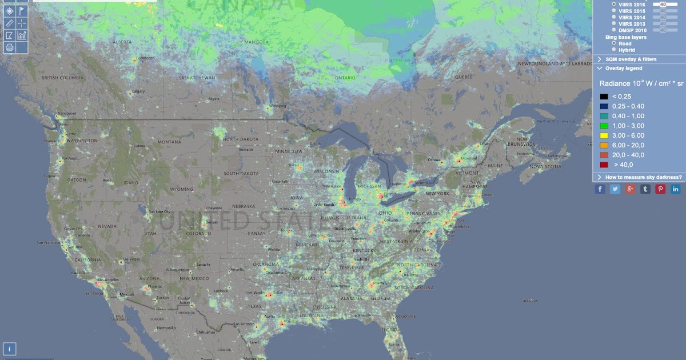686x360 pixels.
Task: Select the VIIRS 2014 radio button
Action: (x=614, y=17)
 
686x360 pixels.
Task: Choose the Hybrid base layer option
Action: (x=614, y=50)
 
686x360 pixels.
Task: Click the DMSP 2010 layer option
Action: (x=614, y=30)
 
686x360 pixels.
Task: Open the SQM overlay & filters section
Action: (x=631, y=59)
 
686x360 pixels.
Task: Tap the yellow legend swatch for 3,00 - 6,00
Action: (x=604, y=135)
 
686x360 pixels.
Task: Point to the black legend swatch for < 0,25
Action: (x=604, y=97)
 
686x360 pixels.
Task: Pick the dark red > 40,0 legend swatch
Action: (x=604, y=165)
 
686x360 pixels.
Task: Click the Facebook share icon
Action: (x=600, y=189)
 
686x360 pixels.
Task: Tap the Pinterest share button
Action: (x=660, y=189)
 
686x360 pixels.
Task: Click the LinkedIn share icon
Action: (x=676, y=189)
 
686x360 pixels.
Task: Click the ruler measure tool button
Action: (x=9, y=23)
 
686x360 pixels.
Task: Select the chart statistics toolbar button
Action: (x=22, y=35)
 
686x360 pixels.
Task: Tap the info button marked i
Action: (x=10, y=349)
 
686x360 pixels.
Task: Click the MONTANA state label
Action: (x=169, y=142)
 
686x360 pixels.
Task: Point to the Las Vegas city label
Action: (x=131, y=259)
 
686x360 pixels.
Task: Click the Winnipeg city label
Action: (x=277, y=106)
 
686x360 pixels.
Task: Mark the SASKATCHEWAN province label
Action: (x=197, y=78)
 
